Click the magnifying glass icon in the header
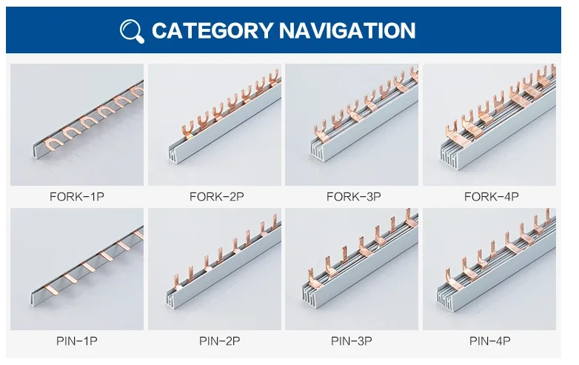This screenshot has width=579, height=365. click(132, 30)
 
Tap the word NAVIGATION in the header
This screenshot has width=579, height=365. click(347, 30)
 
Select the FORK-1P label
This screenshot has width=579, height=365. click(76, 197)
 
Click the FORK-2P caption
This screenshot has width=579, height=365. click(216, 197)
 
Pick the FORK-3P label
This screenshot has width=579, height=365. click(353, 197)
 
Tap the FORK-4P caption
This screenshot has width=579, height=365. click(491, 197)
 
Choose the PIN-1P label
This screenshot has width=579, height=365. click(76, 341)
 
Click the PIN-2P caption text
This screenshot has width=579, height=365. click(216, 341)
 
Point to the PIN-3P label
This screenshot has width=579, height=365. click(353, 341)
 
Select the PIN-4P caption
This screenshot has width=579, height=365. click(491, 341)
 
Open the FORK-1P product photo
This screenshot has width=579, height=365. click(76, 124)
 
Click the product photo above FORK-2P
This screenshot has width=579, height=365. click(215, 124)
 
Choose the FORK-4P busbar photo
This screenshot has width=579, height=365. click(489, 124)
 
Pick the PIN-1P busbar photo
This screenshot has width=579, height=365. click(76, 269)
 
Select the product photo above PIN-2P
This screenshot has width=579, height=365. click(215, 269)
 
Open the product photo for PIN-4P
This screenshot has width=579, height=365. click(489, 269)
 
